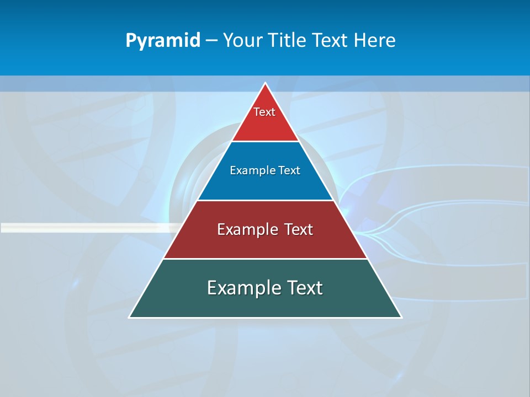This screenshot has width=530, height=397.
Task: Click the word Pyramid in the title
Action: pos(163,41)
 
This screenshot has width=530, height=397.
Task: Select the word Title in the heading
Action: pos(289,40)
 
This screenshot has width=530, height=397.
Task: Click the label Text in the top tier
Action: pos(264,112)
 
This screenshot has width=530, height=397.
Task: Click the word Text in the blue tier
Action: pos(289,170)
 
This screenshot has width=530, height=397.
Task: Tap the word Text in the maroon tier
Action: pos(298,229)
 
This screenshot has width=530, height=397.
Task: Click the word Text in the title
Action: pos(330,40)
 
